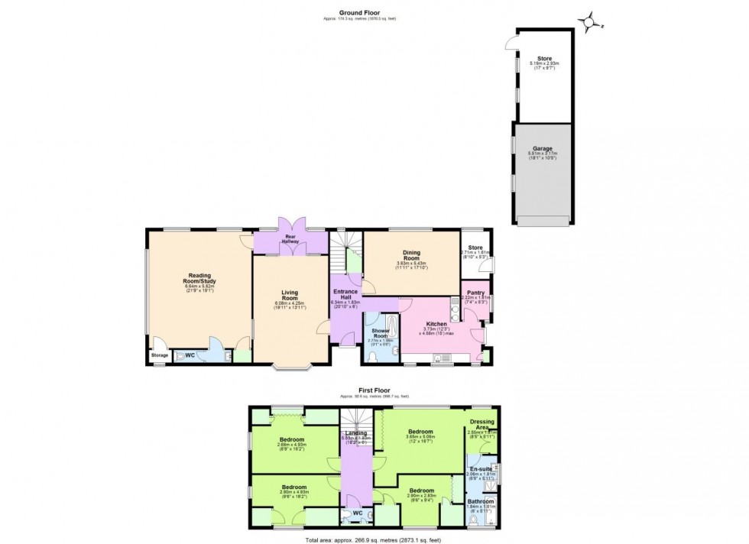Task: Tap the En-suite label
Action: [481, 468]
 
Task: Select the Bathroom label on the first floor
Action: [481, 501]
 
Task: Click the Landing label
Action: [355, 432]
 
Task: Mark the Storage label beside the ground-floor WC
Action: [159, 355]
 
